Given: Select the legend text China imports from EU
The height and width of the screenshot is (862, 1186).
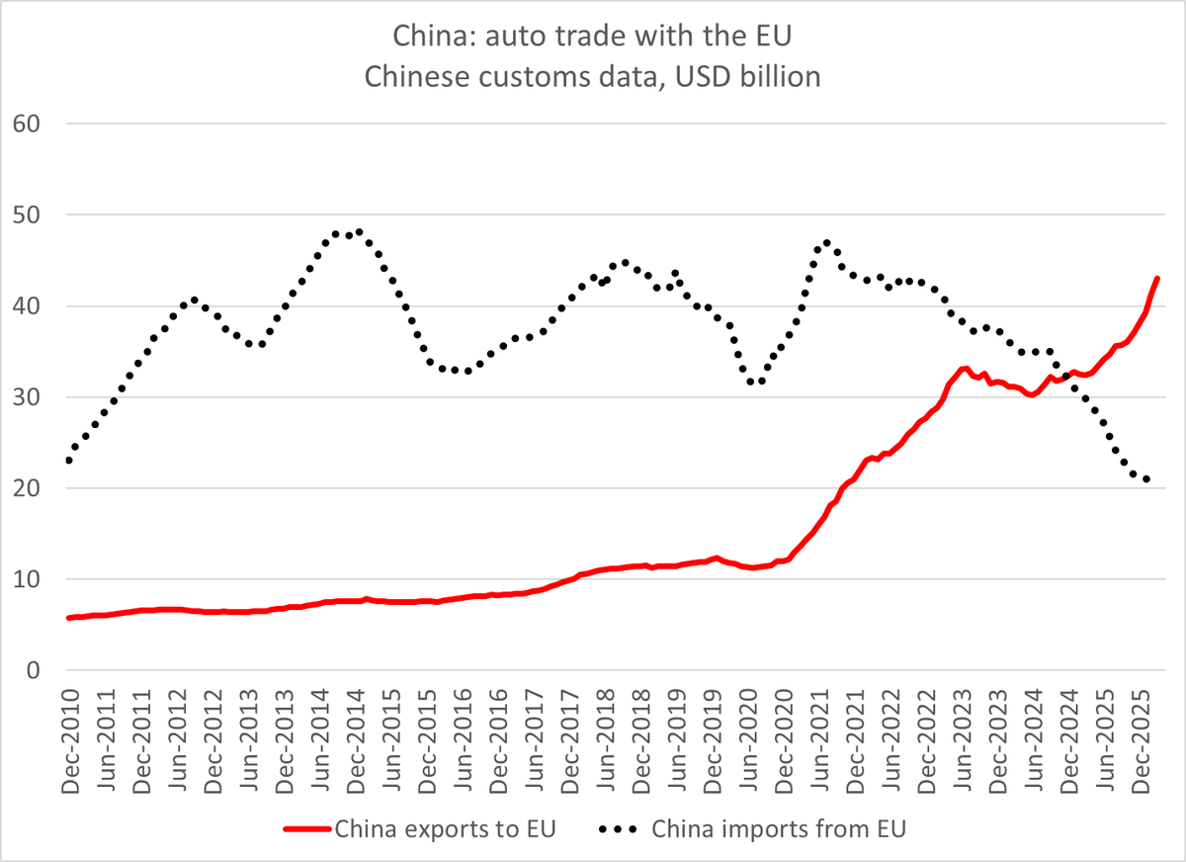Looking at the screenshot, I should point(779,828).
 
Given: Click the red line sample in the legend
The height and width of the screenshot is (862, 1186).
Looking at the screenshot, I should point(305,828).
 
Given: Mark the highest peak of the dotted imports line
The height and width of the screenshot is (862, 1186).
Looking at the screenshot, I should point(359,232).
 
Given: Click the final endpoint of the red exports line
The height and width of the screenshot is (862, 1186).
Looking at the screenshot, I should point(1157,279).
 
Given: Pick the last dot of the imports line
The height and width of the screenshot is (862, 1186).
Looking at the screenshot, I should point(1146,480).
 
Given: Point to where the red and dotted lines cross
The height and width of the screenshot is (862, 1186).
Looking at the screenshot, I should point(1065,376).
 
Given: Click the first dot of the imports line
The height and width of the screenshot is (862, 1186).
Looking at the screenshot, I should point(69,461).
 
